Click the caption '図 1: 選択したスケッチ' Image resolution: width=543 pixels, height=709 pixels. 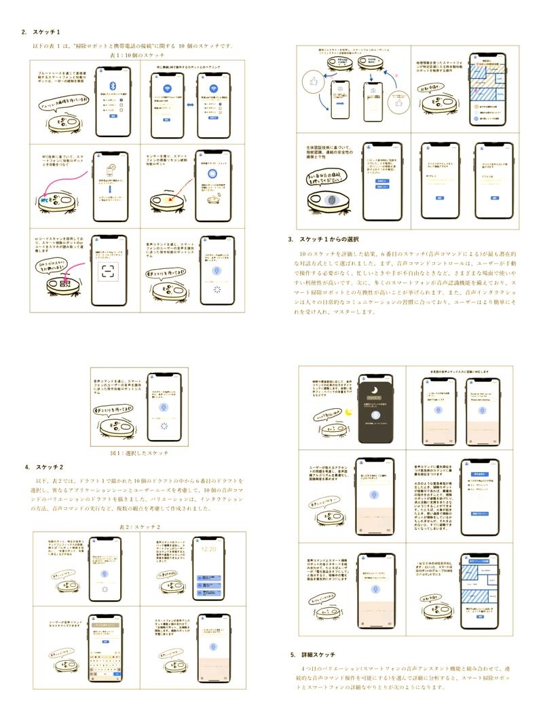139,452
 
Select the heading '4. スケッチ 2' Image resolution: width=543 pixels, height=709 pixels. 41,467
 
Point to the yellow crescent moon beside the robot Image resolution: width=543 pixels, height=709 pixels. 348,412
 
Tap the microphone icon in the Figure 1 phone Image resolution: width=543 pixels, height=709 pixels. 161,406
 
